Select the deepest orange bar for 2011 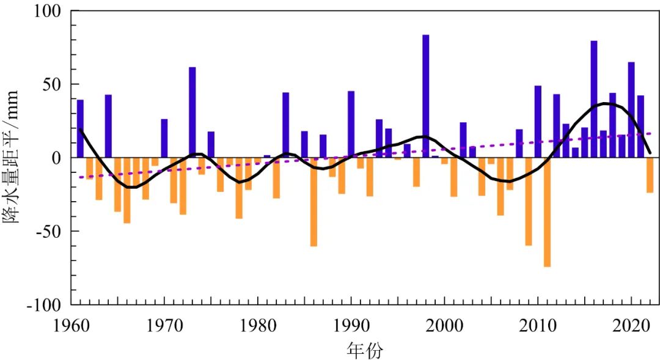pos(547,211)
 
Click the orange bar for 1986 pos(313,202)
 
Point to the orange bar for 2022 pos(650,175)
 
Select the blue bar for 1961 pos(80,128)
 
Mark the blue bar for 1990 pos(351,124)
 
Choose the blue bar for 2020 pos(631,109)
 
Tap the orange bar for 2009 pos(529,201)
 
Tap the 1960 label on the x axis pos(71,323)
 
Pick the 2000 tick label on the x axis pos(444,323)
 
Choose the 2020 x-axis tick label pos(631,323)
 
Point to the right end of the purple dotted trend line pos(651,133)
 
